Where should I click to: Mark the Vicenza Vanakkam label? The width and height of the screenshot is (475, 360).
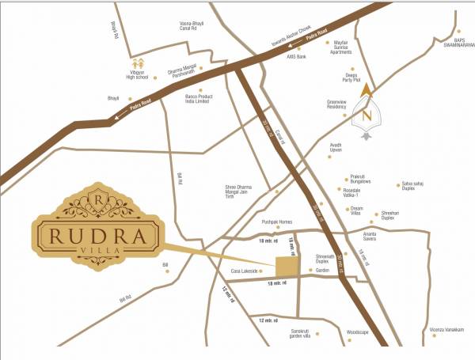[446, 330]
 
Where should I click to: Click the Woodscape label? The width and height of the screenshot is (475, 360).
[359, 334]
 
